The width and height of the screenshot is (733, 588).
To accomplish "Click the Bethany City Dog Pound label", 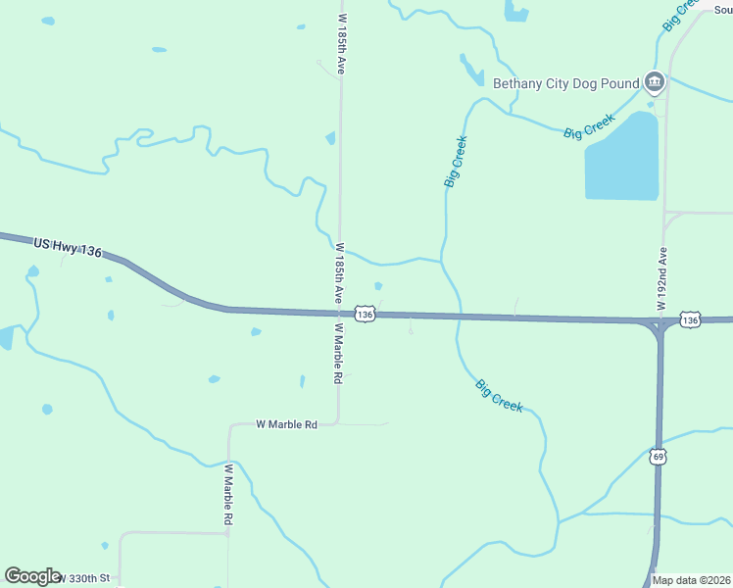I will [x=565, y=84].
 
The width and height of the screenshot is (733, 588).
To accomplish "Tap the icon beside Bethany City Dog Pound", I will [x=655, y=83].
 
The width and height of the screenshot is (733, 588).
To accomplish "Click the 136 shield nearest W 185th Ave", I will [x=365, y=314].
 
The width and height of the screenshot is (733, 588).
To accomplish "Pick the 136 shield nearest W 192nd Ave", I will [x=690, y=320].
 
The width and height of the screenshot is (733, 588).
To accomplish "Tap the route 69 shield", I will [x=659, y=457].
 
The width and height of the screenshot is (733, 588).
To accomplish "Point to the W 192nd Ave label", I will [x=661, y=279].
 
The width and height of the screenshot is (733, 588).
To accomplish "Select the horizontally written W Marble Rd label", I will [x=287, y=424].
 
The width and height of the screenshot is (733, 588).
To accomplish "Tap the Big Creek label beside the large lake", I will [x=589, y=126].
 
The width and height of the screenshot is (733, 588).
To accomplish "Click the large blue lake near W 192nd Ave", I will [x=622, y=157].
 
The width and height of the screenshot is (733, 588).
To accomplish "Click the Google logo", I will [x=32, y=576].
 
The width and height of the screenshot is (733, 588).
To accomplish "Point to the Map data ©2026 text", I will [x=692, y=580].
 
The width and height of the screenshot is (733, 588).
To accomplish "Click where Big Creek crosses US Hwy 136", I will [x=457, y=316].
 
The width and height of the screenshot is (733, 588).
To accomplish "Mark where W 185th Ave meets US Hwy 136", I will [x=339, y=314].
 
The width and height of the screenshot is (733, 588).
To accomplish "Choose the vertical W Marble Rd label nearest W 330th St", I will [x=226, y=494].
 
